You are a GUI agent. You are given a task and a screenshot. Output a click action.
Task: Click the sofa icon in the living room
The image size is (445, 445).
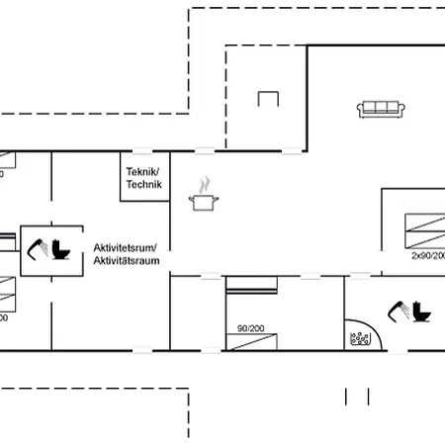pyautogui.click(x=381, y=109)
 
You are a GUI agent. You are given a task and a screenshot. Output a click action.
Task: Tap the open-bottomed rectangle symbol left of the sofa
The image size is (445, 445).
pyautogui.click(x=268, y=98)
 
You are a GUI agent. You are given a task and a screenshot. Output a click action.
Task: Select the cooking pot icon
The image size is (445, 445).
pyautogui.click(x=204, y=202)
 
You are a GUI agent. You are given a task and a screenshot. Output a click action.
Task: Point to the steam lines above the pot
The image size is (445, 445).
pyautogui.click(x=204, y=184)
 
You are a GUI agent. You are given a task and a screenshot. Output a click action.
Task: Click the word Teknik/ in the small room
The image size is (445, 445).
pyautogui.click(x=143, y=171)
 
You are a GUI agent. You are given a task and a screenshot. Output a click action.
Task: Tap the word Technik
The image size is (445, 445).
pyautogui.click(x=143, y=184)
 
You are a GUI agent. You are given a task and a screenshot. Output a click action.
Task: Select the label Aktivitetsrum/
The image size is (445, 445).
pyautogui.click(x=132, y=246)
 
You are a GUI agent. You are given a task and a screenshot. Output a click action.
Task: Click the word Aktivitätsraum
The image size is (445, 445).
pyautogui.click(x=132, y=259)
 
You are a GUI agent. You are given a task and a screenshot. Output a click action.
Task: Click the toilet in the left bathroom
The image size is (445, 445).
pyautogui.click(x=64, y=250)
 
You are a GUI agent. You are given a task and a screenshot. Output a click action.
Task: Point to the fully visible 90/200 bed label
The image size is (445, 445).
pyautogui.click(x=251, y=327)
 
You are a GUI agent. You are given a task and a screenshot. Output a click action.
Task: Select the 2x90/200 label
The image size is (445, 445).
pyautogui.click(x=427, y=255)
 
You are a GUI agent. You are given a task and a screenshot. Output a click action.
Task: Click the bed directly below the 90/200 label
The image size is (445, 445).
pyautogui.click(x=251, y=342)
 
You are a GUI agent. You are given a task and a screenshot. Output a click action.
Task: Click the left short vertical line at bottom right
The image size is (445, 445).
pyautogui.click(x=346, y=396)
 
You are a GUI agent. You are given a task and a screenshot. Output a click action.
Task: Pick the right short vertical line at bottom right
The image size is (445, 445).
pyautogui.click(x=369, y=396)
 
